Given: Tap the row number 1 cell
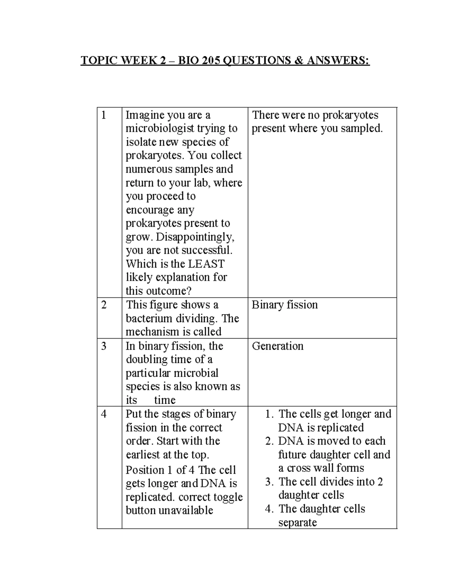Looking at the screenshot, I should pyautogui.click(x=104, y=115).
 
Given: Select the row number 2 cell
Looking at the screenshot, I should pyautogui.click(x=104, y=305).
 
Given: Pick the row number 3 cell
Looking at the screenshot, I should pyautogui.click(x=104, y=346).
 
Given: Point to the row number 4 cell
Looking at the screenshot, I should pyautogui.click(x=104, y=414).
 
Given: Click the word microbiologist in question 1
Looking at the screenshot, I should pyautogui.click(x=162, y=129).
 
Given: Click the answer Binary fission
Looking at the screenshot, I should pyautogui.click(x=285, y=305).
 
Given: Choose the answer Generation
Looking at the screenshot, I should pyautogui.click(x=277, y=346).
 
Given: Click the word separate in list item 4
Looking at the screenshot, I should pyautogui.click(x=298, y=523).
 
